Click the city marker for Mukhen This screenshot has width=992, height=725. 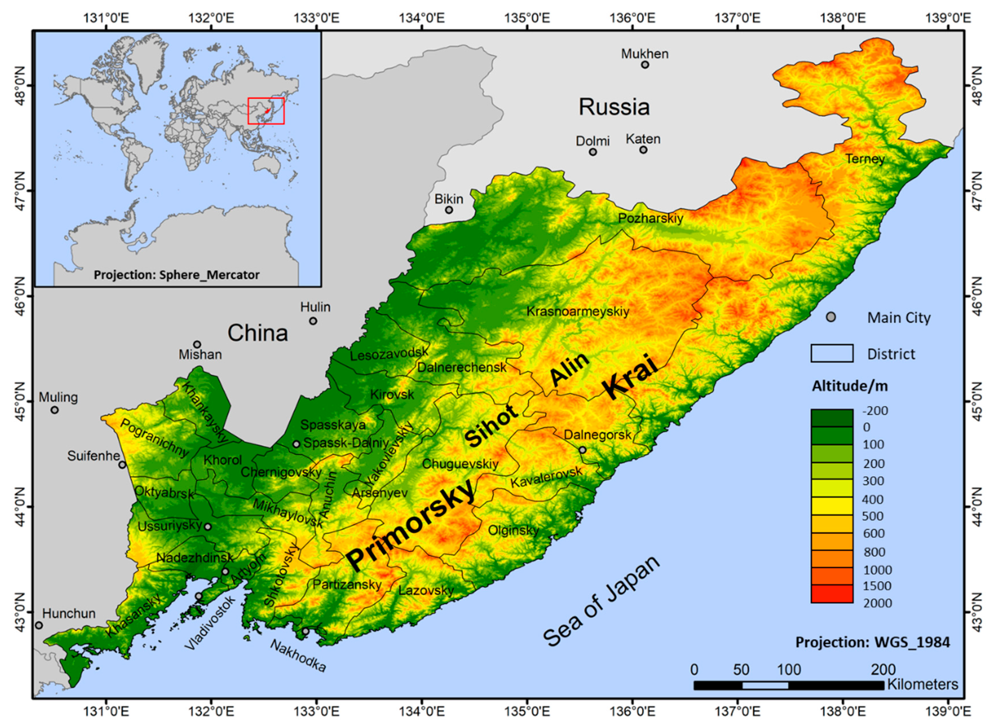(x=645, y=65)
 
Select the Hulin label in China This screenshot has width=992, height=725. (x=315, y=307)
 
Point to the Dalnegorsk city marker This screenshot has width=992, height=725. (x=582, y=450)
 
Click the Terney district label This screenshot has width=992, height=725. (x=865, y=159)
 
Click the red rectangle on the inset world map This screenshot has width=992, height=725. (x=266, y=111)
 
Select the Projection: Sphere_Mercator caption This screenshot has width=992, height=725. (x=176, y=275)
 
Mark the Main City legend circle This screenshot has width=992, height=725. (x=830, y=317)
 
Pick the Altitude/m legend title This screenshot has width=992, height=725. (x=849, y=386)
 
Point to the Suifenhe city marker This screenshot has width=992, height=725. (x=122, y=465)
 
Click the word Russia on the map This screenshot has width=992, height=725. (x=614, y=107)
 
